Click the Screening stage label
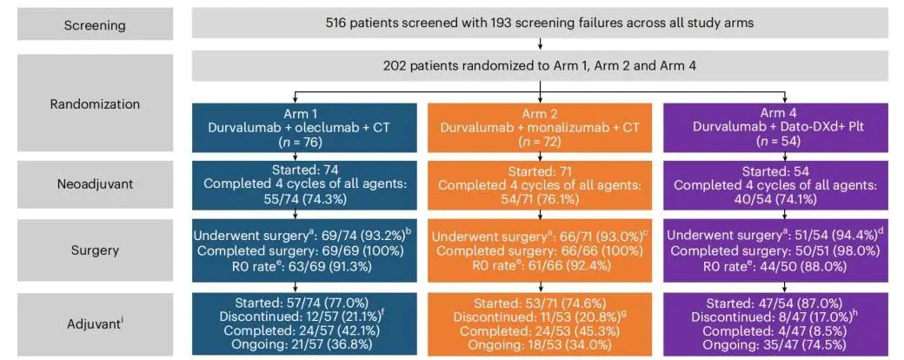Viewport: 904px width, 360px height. click(x=95, y=25)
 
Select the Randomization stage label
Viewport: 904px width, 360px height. click(x=95, y=103)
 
